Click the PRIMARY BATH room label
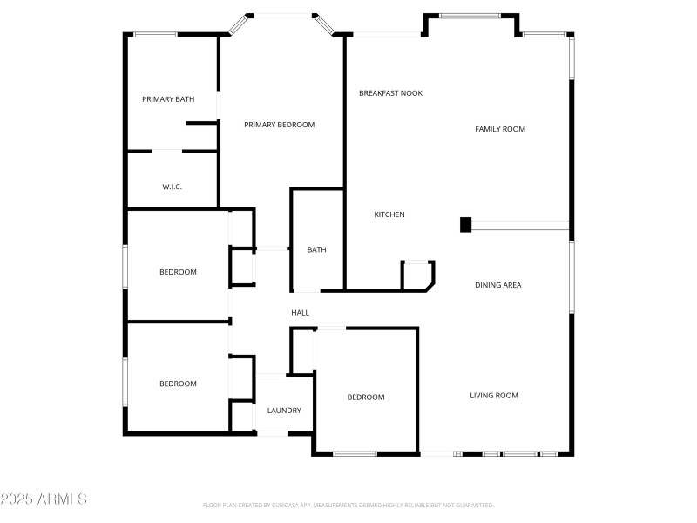click(x=168, y=99)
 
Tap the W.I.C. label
click(x=172, y=187)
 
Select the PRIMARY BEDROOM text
click(x=279, y=125)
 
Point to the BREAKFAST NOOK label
click(x=390, y=92)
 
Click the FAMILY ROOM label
click(x=500, y=129)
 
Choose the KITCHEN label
click(x=389, y=214)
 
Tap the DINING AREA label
click(x=498, y=285)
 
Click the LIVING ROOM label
click(x=494, y=396)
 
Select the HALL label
click(x=300, y=313)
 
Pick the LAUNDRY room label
click(x=284, y=411)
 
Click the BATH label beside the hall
click(x=316, y=250)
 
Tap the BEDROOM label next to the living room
click(x=366, y=397)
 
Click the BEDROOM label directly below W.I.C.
click(x=178, y=272)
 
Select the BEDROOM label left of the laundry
click(x=178, y=384)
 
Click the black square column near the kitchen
click(x=465, y=225)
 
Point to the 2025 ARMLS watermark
click(x=44, y=499)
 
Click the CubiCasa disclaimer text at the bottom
click(x=348, y=505)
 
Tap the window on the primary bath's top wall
click(x=155, y=35)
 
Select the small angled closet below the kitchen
click(x=416, y=275)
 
